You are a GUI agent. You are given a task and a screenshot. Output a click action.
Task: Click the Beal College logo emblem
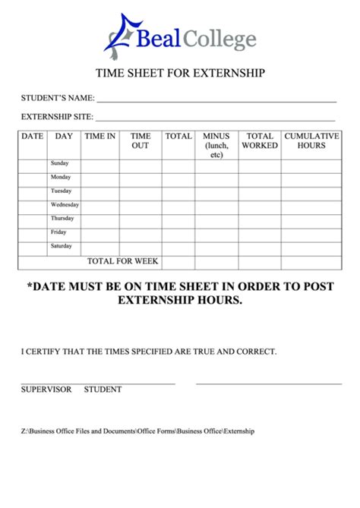point(120,36)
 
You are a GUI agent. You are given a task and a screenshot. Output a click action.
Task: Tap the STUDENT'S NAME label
point(57,98)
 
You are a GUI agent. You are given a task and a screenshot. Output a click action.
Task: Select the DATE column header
point(32,137)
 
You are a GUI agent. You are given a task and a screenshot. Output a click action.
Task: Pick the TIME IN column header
point(99,137)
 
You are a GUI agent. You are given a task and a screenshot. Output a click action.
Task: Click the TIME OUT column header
point(141,141)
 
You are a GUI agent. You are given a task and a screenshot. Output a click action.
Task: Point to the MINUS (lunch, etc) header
point(216,145)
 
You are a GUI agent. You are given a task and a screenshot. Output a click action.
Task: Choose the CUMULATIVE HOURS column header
point(311,141)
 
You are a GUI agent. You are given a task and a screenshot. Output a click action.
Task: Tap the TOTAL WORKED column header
point(260,141)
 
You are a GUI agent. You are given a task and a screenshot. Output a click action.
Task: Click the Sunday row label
point(60,163)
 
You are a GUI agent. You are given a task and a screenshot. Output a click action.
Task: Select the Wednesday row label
point(65,205)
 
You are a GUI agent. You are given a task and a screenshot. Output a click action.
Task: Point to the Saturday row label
point(62,246)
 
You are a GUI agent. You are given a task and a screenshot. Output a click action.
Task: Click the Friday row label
point(58,232)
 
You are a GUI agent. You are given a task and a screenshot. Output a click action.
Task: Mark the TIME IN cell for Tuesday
point(99,191)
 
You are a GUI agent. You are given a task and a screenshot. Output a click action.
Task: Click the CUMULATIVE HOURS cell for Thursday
point(311,219)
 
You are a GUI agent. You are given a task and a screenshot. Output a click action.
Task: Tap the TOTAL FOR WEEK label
point(122,261)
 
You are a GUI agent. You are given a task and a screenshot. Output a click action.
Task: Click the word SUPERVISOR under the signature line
point(46,390)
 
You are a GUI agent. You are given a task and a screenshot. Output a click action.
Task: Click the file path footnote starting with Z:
point(137,431)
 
